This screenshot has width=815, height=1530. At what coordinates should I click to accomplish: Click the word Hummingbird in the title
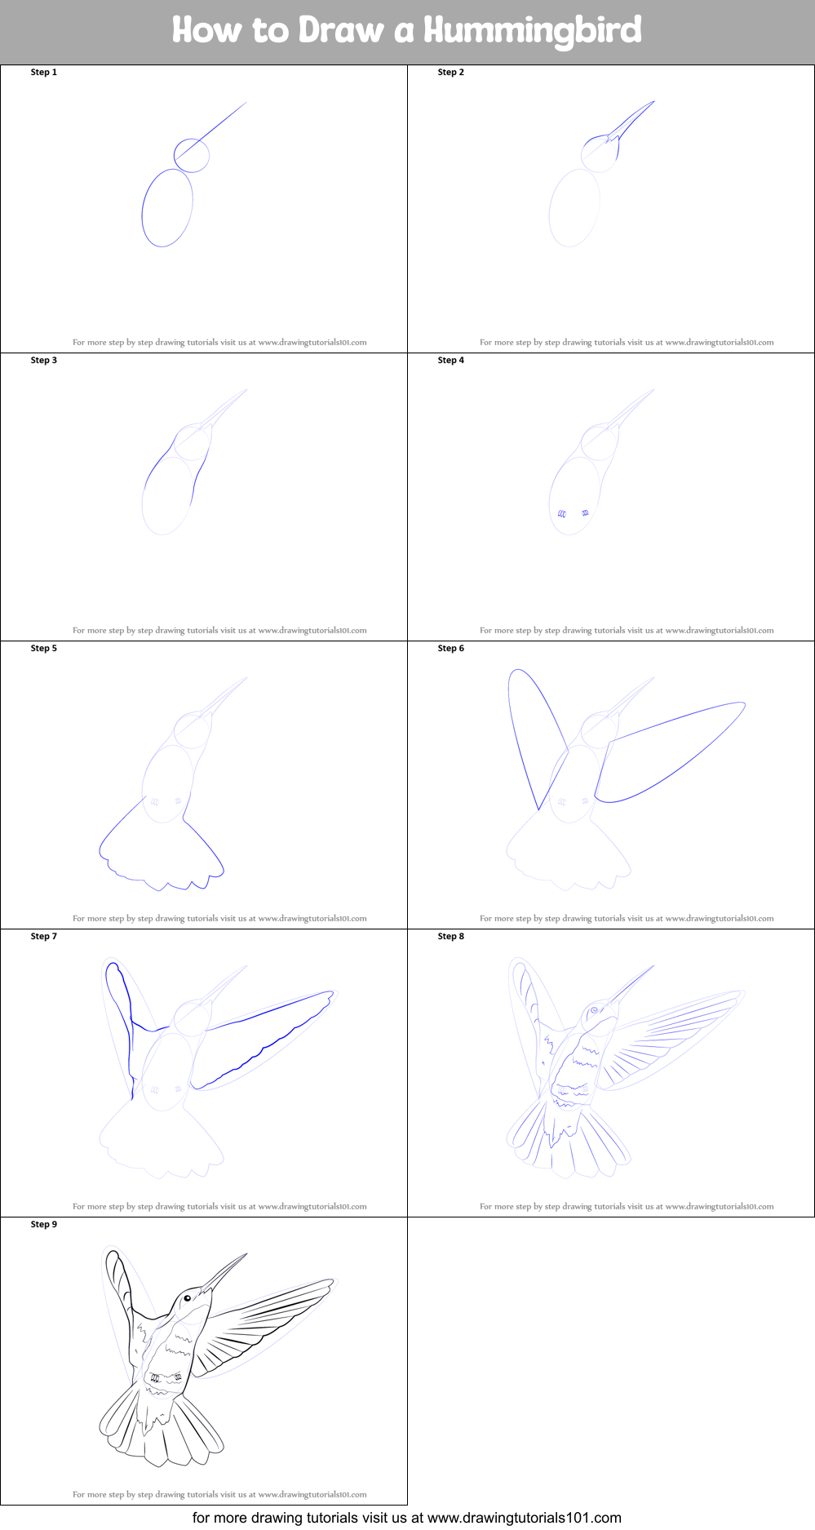[x=533, y=31]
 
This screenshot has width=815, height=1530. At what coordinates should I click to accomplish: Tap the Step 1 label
[x=44, y=73]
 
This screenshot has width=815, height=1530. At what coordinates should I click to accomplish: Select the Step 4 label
[x=451, y=361]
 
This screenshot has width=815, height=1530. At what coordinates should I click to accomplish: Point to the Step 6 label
[x=451, y=649]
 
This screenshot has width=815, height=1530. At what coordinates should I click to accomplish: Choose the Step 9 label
[x=44, y=1225]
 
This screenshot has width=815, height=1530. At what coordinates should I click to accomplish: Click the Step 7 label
[x=44, y=937]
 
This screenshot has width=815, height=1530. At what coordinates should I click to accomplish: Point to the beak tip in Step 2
[x=654, y=101]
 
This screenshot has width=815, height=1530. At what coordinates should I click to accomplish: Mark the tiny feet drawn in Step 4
[x=574, y=513]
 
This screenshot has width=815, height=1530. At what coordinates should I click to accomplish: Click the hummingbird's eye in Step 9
[x=187, y=1298]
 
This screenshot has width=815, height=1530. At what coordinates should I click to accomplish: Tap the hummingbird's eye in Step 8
[x=594, y=1010]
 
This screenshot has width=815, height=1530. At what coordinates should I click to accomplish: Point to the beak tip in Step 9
[x=246, y=1254]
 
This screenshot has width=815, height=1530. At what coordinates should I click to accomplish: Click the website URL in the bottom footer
[x=525, y=1518]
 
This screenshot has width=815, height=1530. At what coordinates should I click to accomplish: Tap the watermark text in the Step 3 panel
[x=219, y=631]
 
